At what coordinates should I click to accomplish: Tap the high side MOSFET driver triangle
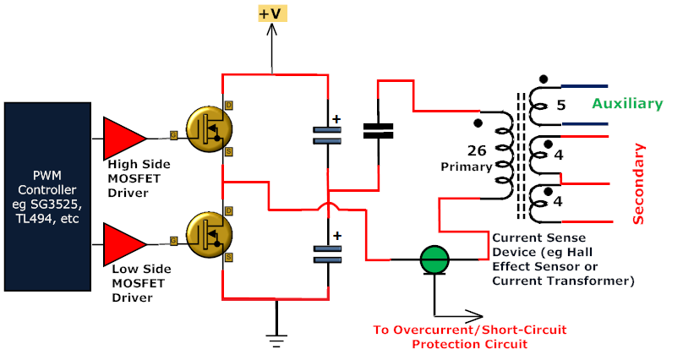pos(123,137)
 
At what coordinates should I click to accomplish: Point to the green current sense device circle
pos(435,259)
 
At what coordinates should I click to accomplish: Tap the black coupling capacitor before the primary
pos(378,130)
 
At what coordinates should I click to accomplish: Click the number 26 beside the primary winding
pos(476,151)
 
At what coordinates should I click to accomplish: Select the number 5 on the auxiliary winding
pos(560,107)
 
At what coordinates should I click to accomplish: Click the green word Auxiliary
pos(626,103)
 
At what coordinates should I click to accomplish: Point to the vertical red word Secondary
pos(639,183)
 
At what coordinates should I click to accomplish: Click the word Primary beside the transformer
pos(466,166)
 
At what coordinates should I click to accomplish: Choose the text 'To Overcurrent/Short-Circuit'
pos(469,330)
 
